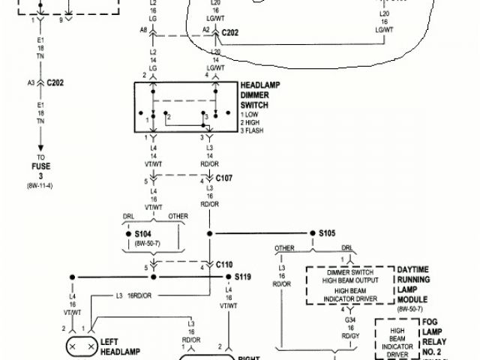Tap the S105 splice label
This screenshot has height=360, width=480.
tap(327, 233)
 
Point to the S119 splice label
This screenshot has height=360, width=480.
tap(243, 277)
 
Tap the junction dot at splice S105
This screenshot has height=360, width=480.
tap(310, 234)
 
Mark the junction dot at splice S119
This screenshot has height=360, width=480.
tap(227, 276)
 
